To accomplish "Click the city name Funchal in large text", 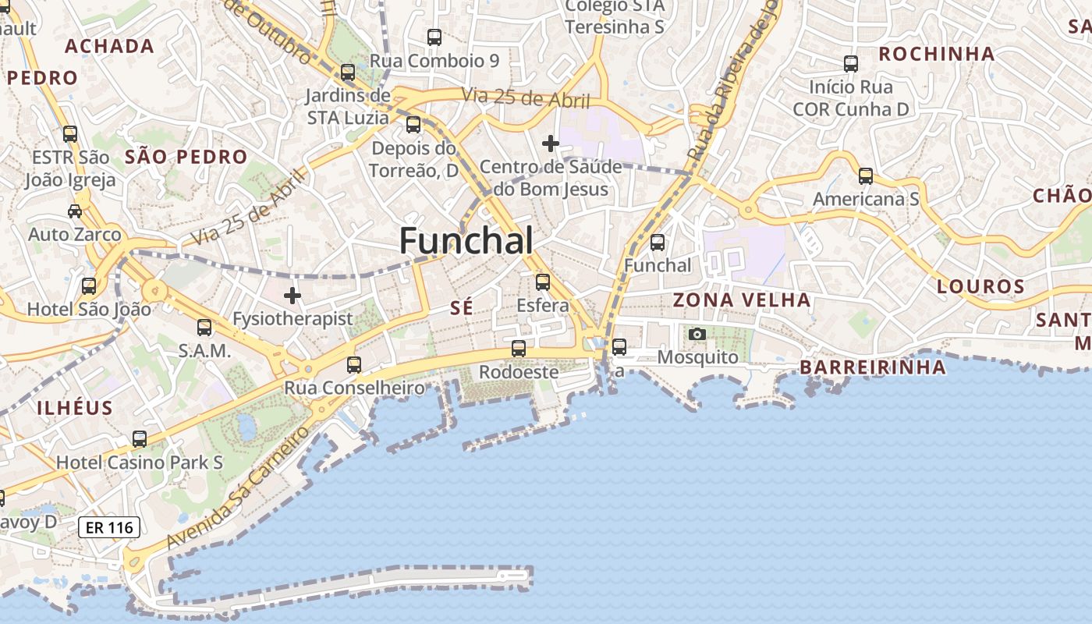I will point(466,241).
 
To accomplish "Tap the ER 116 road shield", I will point(109,527).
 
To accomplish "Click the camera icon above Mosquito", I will point(697,335).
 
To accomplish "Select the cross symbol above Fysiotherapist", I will point(292,296).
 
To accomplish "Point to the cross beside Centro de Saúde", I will point(551,144).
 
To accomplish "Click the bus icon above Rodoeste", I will point(519,349).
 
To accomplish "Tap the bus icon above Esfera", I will point(543,282).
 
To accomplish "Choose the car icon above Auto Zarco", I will point(75,211).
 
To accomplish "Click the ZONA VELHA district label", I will point(741,300).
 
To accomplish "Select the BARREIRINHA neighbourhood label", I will point(873,367).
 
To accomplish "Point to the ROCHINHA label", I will point(937,54).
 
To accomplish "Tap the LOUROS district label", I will point(980,286).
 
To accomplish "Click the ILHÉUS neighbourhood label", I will point(75,407).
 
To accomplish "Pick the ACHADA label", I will point(109,46).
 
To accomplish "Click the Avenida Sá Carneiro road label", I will point(237,488).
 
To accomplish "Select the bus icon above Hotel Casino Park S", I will point(140,439).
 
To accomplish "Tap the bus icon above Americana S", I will point(866,176).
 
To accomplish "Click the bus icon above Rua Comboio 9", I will point(434,37).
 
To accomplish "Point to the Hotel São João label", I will point(89,310).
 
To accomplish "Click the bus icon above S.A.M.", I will point(204,328).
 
